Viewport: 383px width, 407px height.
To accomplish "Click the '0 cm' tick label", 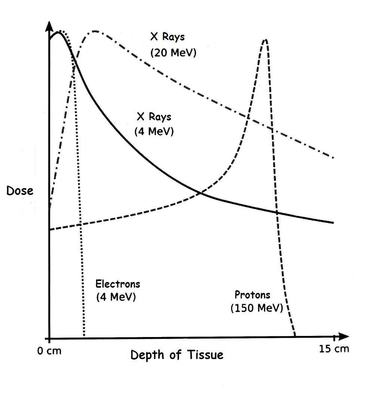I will (49, 352).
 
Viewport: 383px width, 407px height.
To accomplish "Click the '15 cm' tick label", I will (334, 349).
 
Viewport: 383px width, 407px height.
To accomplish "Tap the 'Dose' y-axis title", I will (20, 191).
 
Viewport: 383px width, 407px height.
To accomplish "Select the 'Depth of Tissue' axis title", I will (177, 355).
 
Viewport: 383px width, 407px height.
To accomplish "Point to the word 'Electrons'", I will (118, 284).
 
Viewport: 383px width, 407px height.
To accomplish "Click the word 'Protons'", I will (252, 295).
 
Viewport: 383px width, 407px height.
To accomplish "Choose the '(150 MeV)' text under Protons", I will (257, 309).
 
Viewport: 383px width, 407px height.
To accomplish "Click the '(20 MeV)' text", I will (173, 53).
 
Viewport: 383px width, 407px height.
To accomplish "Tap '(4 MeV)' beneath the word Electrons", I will (116, 297).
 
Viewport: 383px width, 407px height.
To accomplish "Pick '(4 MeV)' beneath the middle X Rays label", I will (154, 132).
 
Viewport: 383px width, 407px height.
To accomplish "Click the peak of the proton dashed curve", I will (265, 39).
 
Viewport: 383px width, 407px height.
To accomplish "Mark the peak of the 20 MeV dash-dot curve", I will (95, 31).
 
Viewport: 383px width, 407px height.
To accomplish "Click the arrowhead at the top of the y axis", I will (49, 26).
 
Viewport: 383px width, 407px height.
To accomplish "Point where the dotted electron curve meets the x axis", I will (85, 336).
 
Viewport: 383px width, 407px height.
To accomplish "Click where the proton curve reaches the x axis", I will (295, 336).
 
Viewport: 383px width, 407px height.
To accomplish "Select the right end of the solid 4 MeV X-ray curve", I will (333, 223).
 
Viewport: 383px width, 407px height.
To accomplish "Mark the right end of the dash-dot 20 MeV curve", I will (333, 157).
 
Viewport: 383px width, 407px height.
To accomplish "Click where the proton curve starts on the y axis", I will (50, 230).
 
